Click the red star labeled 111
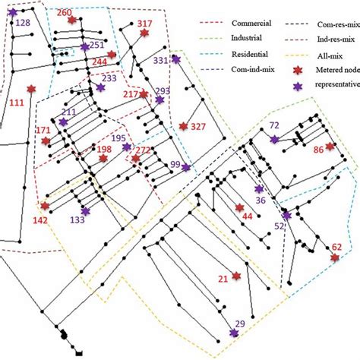point(31,90)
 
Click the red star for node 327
point(183,126)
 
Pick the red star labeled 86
point(330,146)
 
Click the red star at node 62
point(334,258)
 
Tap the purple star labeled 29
point(233,333)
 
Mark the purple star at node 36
point(259,189)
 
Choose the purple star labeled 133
point(85,211)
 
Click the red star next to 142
point(46,206)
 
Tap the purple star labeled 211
point(62,122)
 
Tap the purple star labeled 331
point(176,58)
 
